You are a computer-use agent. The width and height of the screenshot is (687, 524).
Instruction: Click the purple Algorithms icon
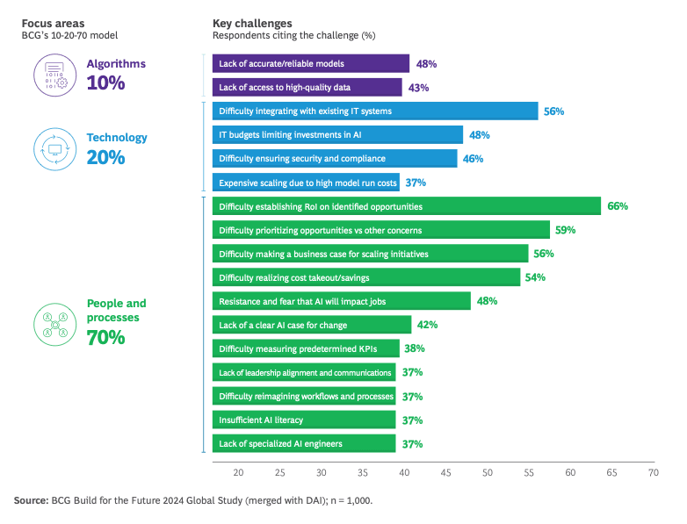coord(55,74)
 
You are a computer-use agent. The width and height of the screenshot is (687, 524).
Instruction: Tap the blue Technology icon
coord(55,148)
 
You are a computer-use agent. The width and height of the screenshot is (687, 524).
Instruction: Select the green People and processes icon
coord(55,322)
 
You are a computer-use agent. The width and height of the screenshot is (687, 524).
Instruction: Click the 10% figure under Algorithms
coord(105,83)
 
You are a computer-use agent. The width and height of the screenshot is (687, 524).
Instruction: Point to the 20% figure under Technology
coord(105,158)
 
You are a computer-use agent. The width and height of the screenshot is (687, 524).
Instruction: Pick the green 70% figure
coord(105,337)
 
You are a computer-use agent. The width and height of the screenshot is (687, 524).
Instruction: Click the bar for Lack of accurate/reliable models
coord(310,64)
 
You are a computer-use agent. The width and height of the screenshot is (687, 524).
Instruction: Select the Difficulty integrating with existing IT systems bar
coord(374,111)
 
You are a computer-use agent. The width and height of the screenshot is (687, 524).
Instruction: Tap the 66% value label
coord(617,206)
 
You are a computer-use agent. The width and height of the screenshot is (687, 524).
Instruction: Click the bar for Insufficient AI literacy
coord(303,420)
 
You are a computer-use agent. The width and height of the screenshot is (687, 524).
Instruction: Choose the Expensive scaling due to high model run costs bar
coord(305,183)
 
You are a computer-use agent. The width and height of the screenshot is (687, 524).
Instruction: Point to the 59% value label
coord(565,230)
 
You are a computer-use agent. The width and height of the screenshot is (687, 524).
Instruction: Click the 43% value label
coord(419,88)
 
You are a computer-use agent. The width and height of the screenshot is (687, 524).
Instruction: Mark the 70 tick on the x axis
coord(653,472)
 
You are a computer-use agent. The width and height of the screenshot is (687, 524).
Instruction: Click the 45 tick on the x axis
coord(445,472)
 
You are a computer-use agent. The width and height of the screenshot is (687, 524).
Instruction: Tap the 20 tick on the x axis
coord(238,472)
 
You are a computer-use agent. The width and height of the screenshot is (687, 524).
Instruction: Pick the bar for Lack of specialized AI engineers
coord(303,444)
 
